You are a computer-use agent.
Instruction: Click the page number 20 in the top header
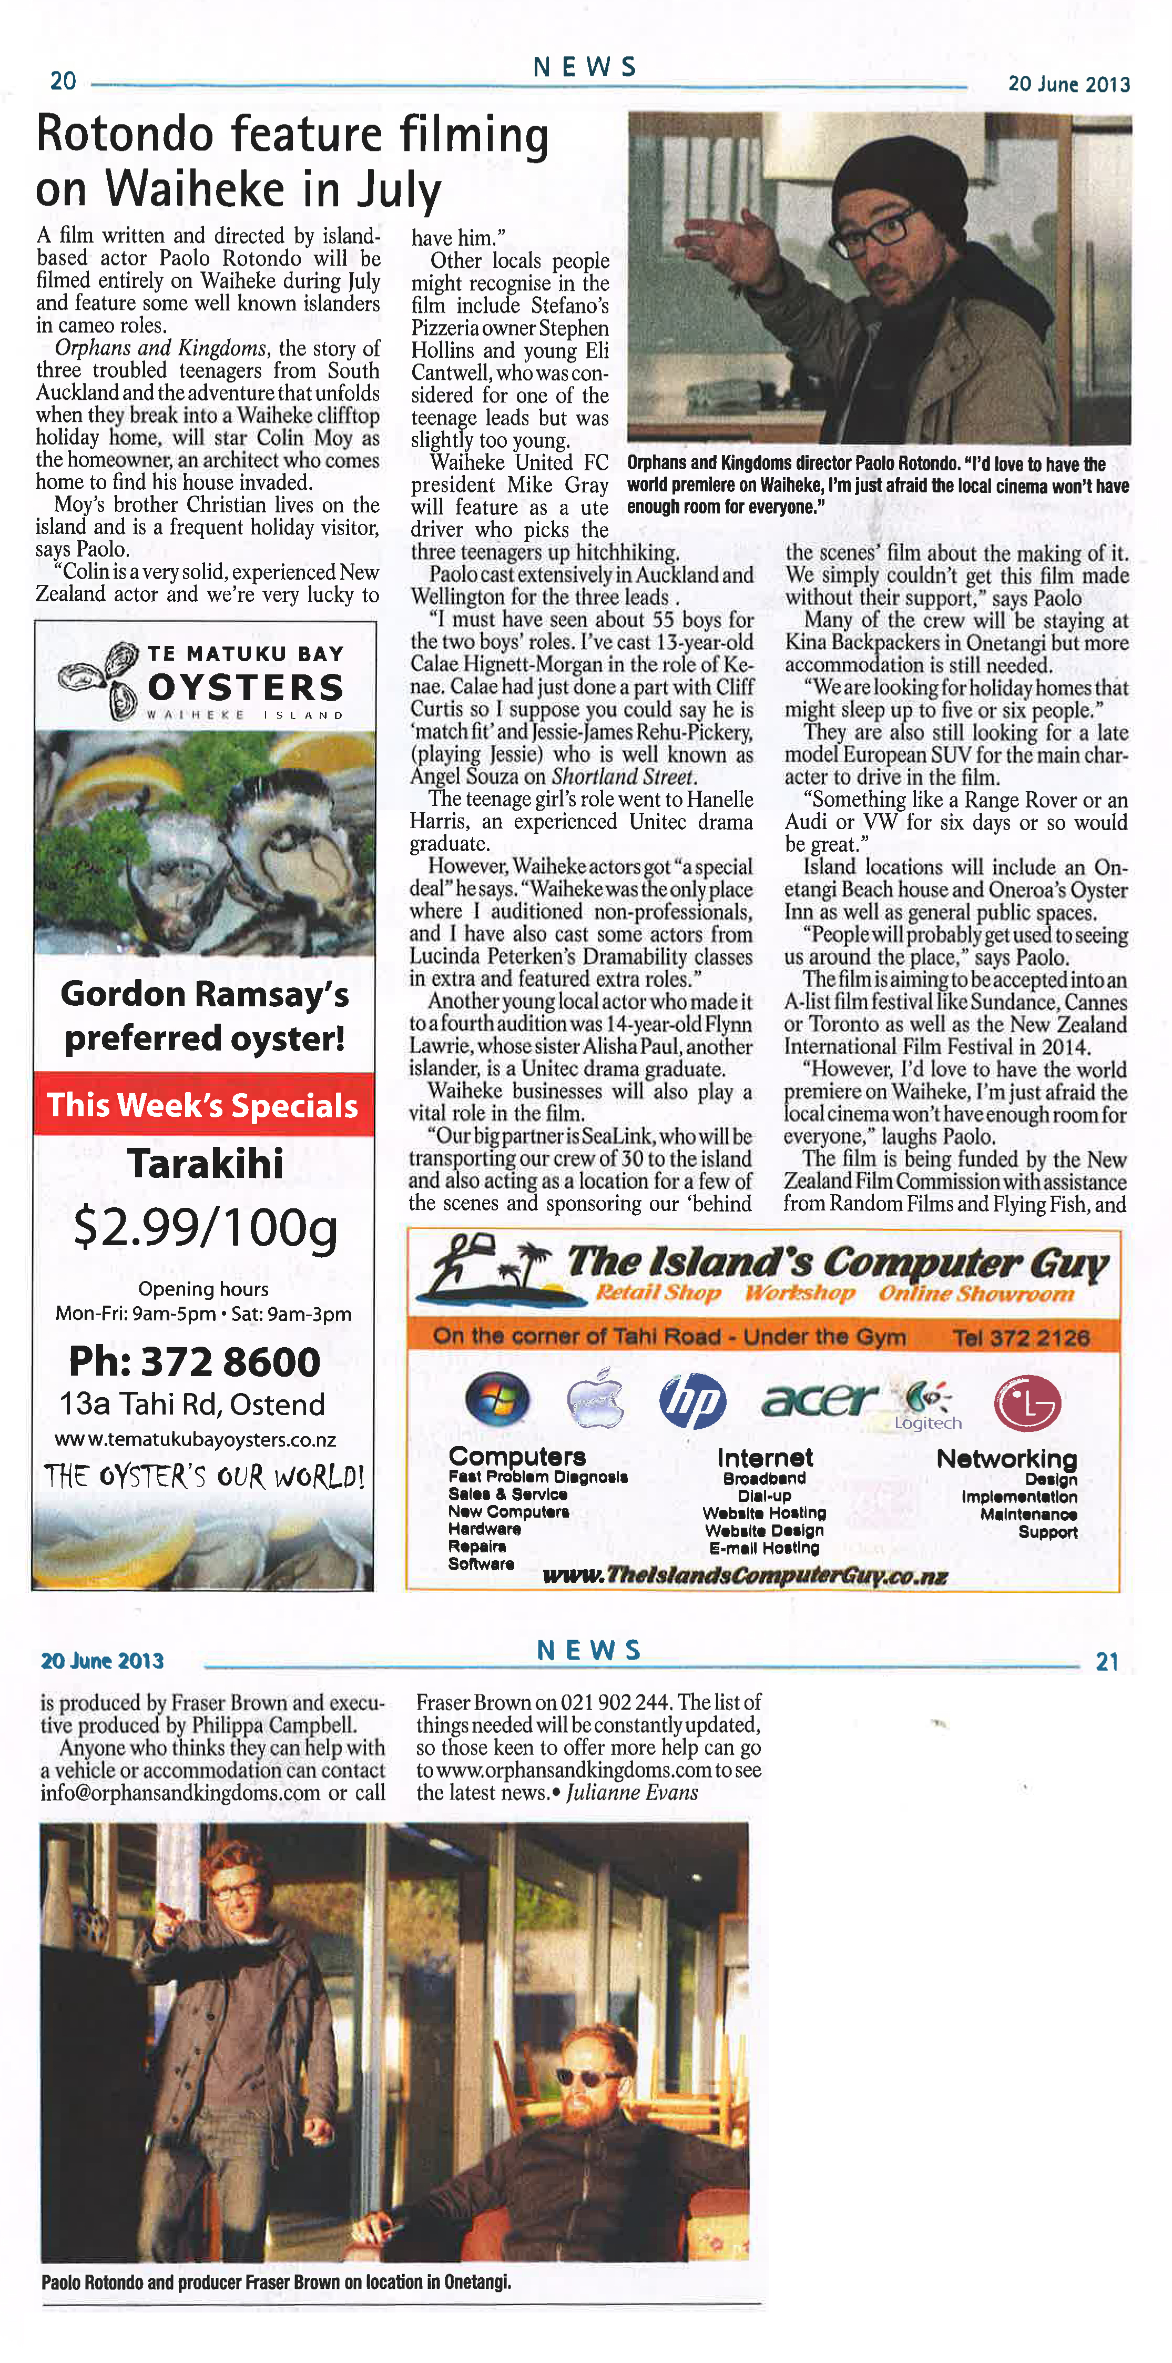[x=63, y=82]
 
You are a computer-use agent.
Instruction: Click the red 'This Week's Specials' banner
[x=202, y=1105]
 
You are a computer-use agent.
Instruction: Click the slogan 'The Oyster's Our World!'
[x=203, y=1476]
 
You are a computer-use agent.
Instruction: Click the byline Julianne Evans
[x=632, y=1792]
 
